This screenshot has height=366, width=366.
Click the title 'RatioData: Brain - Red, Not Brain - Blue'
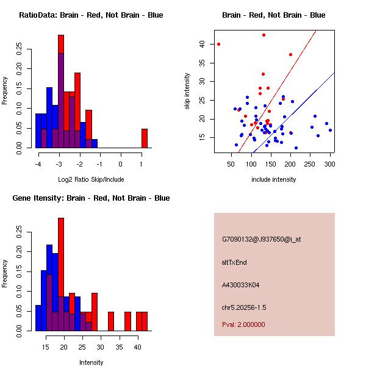[x=91, y=15]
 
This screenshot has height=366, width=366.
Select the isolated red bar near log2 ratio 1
[x=145, y=138]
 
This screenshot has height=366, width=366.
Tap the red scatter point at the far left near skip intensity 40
[x=218, y=44]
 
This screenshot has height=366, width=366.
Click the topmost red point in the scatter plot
[x=264, y=35]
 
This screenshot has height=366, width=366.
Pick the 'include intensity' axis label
[x=273, y=179]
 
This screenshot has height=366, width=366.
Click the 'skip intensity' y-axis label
[x=187, y=91]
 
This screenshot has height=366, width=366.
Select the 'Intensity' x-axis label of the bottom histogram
[x=91, y=362]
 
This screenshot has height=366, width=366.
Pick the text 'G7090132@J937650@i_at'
[x=261, y=239]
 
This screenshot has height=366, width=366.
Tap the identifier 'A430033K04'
[x=241, y=284]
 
